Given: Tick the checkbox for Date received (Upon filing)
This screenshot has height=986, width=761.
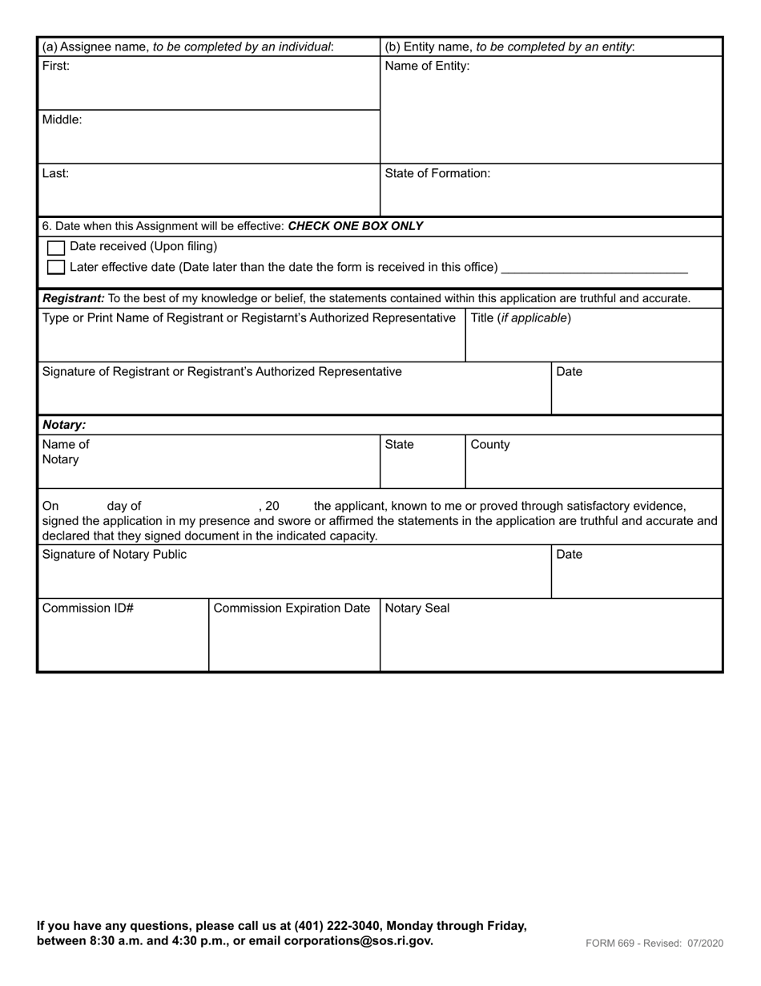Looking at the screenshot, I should click(x=56, y=248).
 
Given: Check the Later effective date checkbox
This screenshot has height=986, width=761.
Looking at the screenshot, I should click(x=56, y=267).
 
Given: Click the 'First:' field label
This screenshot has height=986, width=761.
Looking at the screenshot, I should click(x=56, y=67).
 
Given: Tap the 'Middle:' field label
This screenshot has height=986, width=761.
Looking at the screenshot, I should click(x=62, y=120).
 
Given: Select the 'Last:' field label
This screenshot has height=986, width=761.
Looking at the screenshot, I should click(x=55, y=174).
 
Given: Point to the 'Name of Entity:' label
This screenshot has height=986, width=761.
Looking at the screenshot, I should click(x=427, y=67).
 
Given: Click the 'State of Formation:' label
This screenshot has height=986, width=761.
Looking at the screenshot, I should click(x=437, y=174).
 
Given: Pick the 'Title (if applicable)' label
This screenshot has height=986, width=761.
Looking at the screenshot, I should click(x=521, y=318).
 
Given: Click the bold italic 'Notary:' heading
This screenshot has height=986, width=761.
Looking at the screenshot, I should click(x=64, y=426).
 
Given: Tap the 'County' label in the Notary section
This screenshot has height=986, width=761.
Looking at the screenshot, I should click(x=490, y=445).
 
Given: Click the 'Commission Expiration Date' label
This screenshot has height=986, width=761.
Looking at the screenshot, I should click(x=292, y=608).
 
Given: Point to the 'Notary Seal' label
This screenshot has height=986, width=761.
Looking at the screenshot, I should click(x=417, y=608).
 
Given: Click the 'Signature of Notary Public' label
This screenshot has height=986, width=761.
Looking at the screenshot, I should click(x=114, y=555).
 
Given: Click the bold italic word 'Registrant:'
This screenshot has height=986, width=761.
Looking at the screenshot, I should click(x=74, y=299).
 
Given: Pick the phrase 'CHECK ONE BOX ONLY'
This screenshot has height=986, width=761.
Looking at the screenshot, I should click(x=355, y=226).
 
